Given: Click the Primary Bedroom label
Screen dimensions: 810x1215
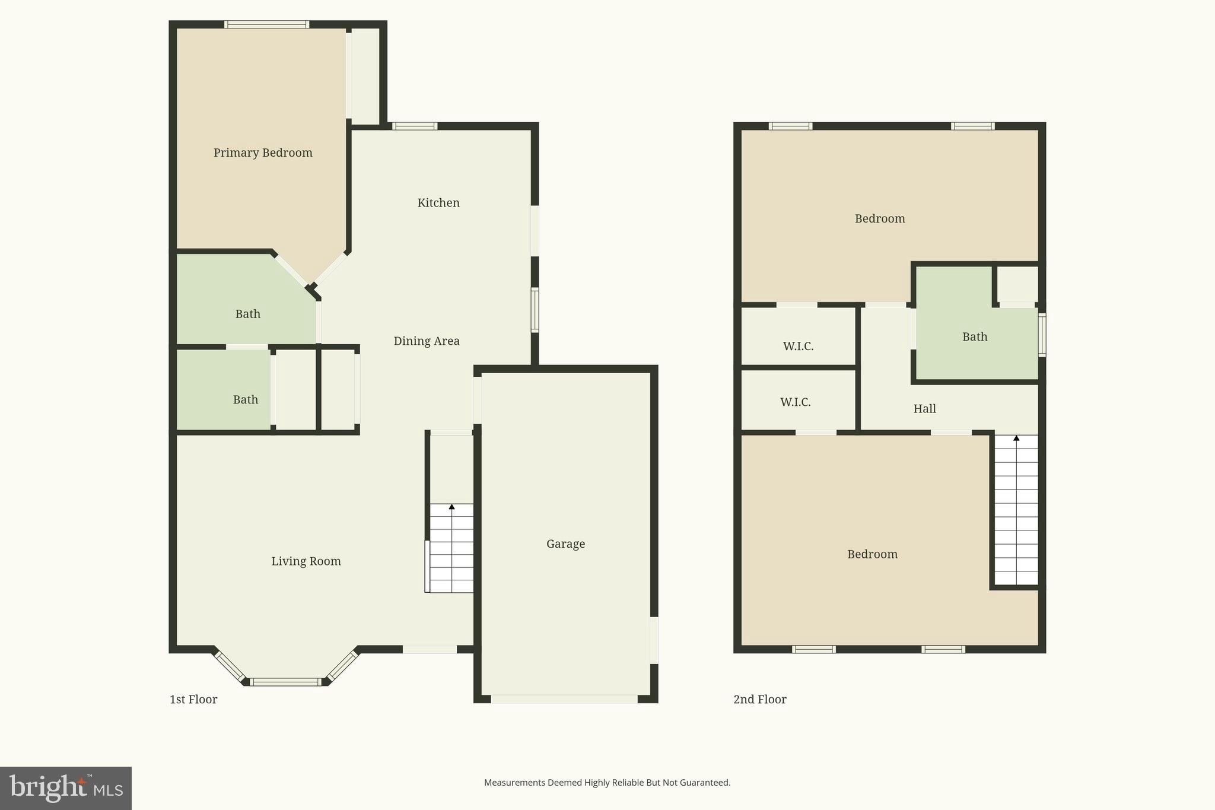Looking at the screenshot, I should [x=263, y=153].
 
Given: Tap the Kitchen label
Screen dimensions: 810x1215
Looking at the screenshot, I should [x=438, y=203].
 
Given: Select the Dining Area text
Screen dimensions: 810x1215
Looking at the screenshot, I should [x=427, y=341].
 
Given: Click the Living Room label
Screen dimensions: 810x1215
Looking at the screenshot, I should [x=306, y=561].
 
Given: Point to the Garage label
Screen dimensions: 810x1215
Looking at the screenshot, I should [x=565, y=544].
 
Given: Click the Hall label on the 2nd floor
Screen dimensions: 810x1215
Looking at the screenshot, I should [x=924, y=409].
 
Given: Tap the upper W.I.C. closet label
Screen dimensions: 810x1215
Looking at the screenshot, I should [x=798, y=347].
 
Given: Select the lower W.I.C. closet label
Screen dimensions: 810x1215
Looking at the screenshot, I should [x=795, y=402].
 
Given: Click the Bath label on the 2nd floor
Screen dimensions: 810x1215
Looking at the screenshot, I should [x=975, y=337].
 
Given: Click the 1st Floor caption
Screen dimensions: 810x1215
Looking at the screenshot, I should [x=193, y=700].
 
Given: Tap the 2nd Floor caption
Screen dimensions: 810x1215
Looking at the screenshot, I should [x=760, y=700].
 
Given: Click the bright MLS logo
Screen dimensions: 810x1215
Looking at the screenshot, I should [x=66, y=788].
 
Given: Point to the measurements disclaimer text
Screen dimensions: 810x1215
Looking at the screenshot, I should [x=607, y=783].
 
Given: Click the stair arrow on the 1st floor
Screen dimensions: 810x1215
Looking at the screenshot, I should [x=451, y=507].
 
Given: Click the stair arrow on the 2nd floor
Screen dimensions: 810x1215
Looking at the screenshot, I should [x=1016, y=439].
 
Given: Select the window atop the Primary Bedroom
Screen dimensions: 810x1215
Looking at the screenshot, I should [x=266, y=25].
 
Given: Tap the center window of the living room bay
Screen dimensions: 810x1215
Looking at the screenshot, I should [x=285, y=682].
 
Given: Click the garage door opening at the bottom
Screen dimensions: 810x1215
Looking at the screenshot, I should [x=564, y=700].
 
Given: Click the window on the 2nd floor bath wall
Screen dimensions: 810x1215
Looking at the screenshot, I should [x=1042, y=335].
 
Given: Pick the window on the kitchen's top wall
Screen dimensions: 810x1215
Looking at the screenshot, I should [x=415, y=126].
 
